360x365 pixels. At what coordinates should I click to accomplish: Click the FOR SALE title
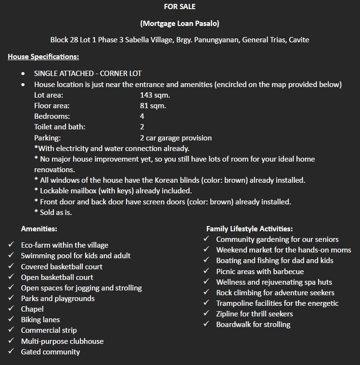(x=180, y=7)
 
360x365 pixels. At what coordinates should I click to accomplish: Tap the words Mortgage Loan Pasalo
(x=180, y=23)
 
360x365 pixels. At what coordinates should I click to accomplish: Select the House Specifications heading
(x=43, y=57)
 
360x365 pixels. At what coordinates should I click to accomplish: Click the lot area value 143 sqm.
(x=155, y=95)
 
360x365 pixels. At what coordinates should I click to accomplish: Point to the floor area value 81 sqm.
(x=153, y=106)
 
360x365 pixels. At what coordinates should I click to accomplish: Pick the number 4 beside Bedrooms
(x=142, y=116)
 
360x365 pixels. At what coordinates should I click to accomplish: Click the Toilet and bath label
(x=60, y=127)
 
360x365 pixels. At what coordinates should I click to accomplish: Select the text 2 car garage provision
(x=176, y=138)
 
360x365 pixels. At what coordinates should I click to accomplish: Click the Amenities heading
(x=39, y=229)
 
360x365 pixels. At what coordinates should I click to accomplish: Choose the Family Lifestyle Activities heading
(x=249, y=229)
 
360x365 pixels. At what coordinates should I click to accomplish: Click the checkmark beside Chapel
(x=11, y=309)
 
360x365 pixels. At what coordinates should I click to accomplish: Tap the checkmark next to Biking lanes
(x=11, y=319)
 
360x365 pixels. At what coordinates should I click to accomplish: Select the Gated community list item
(x=51, y=352)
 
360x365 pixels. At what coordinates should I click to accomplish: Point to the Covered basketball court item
(x=62, y=266)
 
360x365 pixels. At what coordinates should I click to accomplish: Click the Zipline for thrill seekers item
(x=254, y=314)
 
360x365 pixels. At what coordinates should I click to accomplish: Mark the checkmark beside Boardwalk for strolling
(x=206, y=324)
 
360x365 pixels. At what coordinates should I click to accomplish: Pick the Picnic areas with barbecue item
(x=260, y=271)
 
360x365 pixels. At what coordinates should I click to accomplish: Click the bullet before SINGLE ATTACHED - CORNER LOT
(x=24, y=74)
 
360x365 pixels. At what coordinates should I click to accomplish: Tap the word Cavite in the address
(x=298, y=39)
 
